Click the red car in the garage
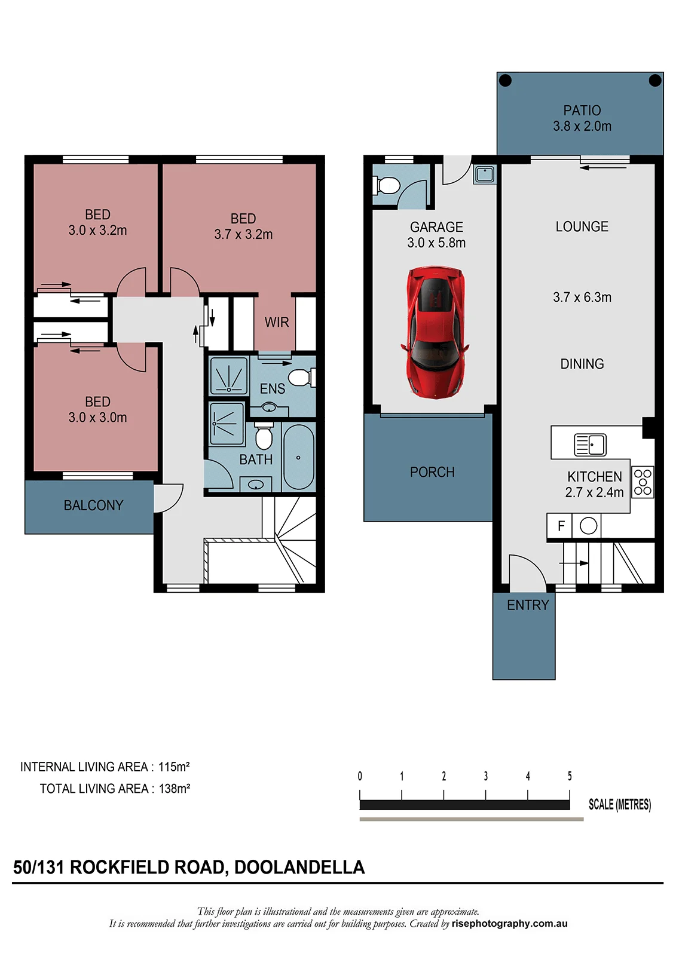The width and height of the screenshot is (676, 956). pos(435,333)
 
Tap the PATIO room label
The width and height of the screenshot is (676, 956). pos(582,111)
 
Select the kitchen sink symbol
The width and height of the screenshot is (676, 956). pos(590,445)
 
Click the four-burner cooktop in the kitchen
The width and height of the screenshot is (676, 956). pos(643,482)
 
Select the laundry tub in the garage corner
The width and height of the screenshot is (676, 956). pos(485,174)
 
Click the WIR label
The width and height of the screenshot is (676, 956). pos(276,322)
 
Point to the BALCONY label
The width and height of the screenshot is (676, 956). pos(93,505)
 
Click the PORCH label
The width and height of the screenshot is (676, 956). pos(432,472)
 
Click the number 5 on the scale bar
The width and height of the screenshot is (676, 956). pos(569,776)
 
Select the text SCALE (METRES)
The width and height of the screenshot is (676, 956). pos(620,804)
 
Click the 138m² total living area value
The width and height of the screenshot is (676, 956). pos(175,788)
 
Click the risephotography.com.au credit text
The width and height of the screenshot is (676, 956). pos(509,924)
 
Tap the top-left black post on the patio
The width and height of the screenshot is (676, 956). pos(505,80)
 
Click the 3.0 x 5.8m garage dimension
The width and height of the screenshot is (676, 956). pos(436,243)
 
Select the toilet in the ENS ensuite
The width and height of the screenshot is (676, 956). pos(301,377)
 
